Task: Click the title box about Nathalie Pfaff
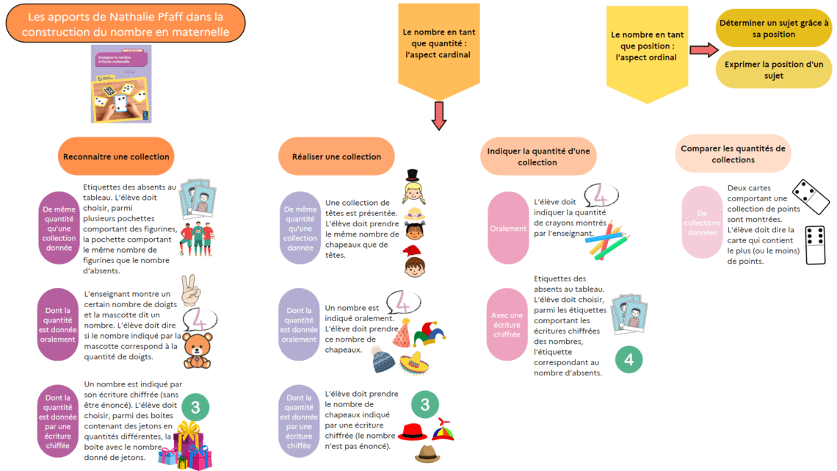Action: (x=125, y=24)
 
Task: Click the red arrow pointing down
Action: (x=439, y=116)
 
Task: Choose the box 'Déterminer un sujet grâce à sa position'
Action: (x=774, y=29)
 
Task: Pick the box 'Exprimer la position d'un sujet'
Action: (x=774, y=70)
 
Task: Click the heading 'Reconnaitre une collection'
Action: (x=116, y=157)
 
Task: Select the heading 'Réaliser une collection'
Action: (x=336, y=157)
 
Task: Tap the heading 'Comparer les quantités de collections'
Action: (x=733, y=154)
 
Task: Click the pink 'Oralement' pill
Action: (x=508, y=229)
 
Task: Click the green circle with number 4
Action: (x=628, y=360)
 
